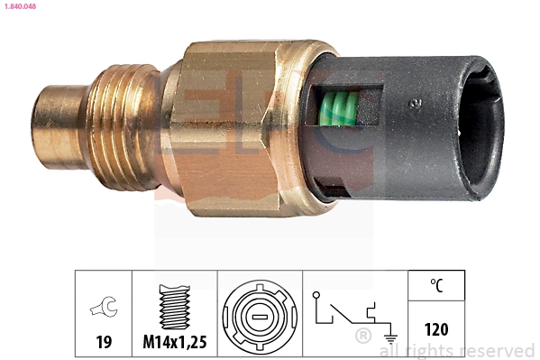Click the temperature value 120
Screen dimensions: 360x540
coord(435,330)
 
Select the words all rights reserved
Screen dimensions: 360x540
coord(457,350)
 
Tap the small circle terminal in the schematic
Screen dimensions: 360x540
coord(316,295)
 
